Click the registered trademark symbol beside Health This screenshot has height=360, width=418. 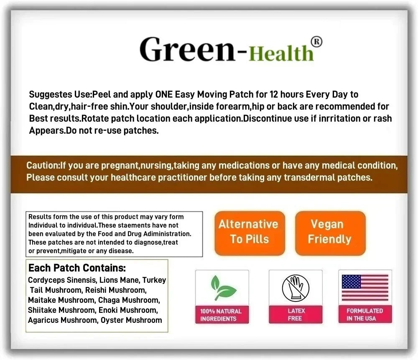coord(316,42)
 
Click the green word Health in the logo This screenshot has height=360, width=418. coord(281,53)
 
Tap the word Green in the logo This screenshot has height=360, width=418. coord(187,49)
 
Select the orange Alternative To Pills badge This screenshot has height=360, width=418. coord(250,233)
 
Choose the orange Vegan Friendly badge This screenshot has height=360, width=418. coord(330,233)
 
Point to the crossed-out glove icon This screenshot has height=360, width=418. coord(296,288)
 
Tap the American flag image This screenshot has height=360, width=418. coord(365,288)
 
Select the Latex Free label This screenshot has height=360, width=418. coord(296,314)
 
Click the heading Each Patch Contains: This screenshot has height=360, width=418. coord(77,268)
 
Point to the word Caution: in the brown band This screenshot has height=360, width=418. coord(43,165)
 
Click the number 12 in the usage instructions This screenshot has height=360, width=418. coord(274,94)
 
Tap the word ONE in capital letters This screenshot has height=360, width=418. coord(164,94)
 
